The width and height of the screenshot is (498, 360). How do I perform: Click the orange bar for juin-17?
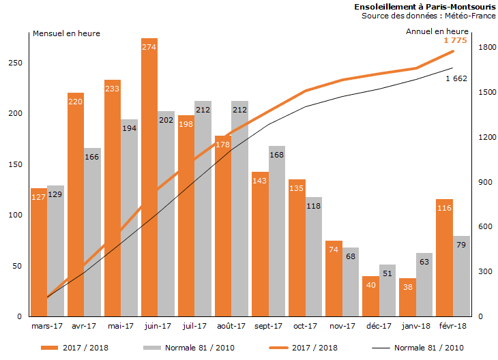tap(149, 177)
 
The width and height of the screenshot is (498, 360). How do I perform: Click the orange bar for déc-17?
tap(370, 297)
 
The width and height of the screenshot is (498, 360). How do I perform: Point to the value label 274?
tap(149, 47)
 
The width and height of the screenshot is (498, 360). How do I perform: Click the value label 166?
tap(92, 157)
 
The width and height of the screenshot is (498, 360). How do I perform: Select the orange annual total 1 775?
tap(455, 41)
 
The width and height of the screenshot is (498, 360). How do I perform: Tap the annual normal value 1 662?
tap(456, 79)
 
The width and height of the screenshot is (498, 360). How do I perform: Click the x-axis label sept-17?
tap(267, 327)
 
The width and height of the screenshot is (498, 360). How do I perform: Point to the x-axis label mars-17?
tap(47, 327)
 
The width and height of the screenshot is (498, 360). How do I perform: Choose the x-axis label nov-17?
tap(341, 327)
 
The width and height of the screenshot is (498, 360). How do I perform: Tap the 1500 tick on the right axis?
tap(486, 92)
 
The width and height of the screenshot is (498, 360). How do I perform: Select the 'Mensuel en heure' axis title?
tap(66, 33)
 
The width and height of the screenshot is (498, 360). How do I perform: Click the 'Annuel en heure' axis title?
tap(437, 31)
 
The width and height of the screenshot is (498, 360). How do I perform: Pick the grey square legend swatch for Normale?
tap(151, 348)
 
